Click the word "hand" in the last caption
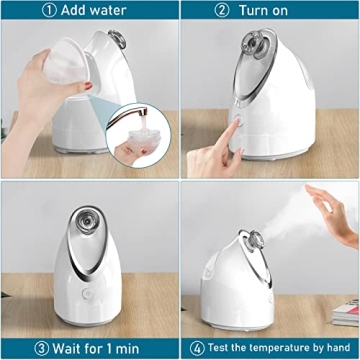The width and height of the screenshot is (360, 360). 337,348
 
